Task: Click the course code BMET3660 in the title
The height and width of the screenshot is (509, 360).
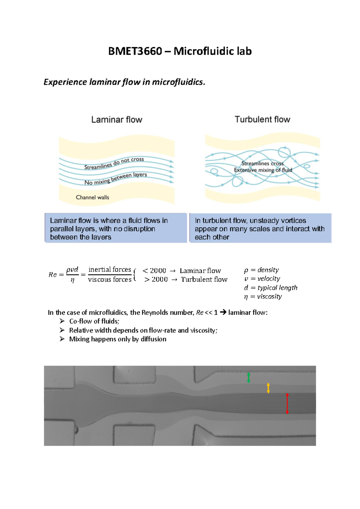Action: pyautogui.click(x=135, y=51)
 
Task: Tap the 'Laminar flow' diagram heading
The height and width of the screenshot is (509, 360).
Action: pyautogui.click(x=117, y=120)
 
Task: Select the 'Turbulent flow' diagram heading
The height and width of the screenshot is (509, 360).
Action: pyautogui.click(x=262, y=119)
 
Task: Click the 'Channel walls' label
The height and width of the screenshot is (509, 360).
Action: pyautogui.click(x=92, y=197)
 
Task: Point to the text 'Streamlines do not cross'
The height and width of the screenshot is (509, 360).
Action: pyautogui.click(x=114, y=163)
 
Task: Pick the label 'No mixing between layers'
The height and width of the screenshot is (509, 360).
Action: pyautogui.click(x=115, y=179)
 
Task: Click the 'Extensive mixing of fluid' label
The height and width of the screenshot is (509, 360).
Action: pyautogui.click(x=263, y=170)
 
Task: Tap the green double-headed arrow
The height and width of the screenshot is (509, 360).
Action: pyautogui.click(x=248, y=378)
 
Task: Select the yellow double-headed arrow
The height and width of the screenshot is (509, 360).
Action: pyautogui.click(x=268, y=388)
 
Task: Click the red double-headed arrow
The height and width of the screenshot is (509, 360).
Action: pyautogui.click(x=287, y=403)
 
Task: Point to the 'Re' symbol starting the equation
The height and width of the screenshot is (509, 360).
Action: pyautogui.click(x=52, y=275)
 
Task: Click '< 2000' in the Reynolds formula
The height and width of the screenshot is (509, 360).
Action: pyautogui.click(x=154, y=271)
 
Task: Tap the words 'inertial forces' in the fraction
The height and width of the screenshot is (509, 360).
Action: pyautogui.click(x=110, y=269)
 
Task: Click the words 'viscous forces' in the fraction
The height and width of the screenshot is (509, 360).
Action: pyautogui.click(x=110, y=279)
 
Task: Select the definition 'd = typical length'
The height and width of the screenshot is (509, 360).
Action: pyautogui.click(x=271, y=288)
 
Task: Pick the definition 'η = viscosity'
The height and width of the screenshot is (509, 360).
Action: pyautogui.click(x=263, y=296)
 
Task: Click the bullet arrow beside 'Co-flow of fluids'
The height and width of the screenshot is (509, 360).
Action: pyautogui.click(x=62, y=321)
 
